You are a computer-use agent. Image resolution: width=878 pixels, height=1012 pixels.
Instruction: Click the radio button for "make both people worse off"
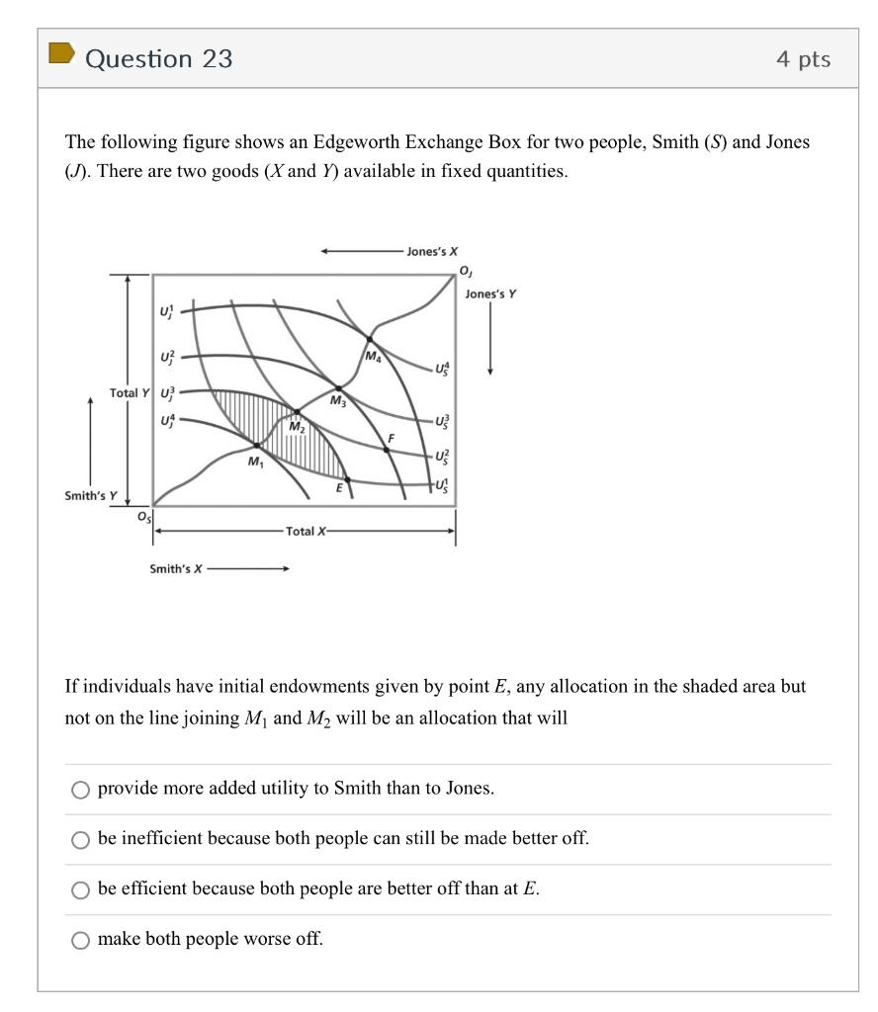[x=80, y=940]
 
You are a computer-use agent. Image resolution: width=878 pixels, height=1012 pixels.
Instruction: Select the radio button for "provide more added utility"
[x=80, y=789]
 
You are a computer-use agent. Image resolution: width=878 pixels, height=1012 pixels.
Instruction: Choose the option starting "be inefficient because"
[x=80, y=839]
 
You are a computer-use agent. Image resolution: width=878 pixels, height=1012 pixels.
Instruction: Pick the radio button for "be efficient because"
[x=80, y=889]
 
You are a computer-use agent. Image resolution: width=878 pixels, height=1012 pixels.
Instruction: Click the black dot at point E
[x=346, y=479]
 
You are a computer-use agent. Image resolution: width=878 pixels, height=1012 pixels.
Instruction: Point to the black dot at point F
[x=387, y=449]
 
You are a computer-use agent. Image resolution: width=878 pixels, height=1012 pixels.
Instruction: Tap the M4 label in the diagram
[x=374, y=356]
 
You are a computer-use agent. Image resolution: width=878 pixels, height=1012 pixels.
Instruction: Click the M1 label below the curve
[x=255, y=462]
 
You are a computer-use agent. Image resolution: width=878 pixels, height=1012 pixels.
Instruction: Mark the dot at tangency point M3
[x=339, y=388]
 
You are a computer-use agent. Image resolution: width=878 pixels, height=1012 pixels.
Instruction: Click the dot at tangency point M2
[x=297, y=412]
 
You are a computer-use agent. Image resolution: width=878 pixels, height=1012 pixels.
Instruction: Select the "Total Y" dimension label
[x=130, y=392]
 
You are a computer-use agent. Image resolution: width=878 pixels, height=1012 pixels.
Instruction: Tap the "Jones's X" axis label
[x=432, y=251]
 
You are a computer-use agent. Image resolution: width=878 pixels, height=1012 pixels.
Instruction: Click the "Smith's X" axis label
[x=175, y=568]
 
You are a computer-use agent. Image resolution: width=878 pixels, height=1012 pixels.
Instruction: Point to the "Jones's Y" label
[x=490, y=294]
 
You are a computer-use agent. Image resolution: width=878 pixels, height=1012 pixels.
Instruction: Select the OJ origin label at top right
[x=465, y=271]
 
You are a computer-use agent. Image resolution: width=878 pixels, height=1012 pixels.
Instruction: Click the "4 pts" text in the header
[x=803, y=59]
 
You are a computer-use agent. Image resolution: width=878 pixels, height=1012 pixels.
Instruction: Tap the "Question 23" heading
[x=159, y=59]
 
